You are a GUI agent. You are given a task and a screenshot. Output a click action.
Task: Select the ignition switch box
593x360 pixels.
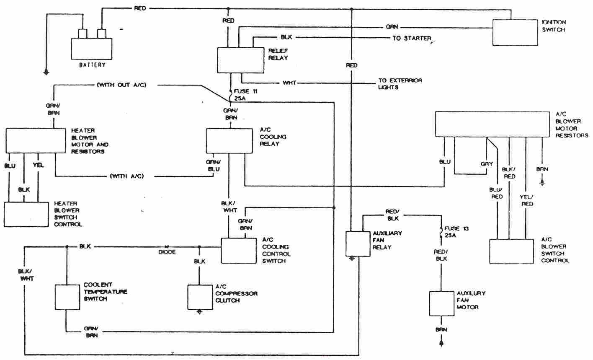[x=515, y=32]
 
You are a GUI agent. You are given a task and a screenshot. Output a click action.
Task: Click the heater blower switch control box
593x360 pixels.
[x=26, y=214]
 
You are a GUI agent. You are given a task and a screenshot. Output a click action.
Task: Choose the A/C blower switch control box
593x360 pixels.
[x=515, y=251]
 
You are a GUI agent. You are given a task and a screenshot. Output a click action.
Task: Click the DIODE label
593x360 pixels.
[x=167, y=252]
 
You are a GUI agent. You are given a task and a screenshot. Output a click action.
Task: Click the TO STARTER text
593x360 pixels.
[x=411, y=38]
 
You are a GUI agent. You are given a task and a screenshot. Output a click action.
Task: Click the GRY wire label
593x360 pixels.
[x=487, y=164]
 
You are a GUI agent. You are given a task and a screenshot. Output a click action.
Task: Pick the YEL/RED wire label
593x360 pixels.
[x=527, y=200]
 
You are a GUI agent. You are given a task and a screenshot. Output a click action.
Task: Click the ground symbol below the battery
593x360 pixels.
[x=46, y=72]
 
